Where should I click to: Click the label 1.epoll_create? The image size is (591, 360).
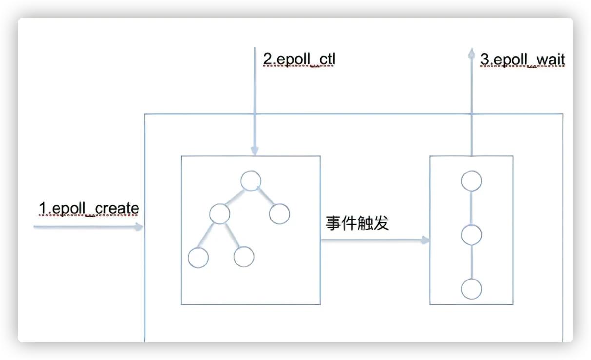pos(89,208)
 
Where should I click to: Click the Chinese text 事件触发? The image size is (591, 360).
pos(357,223)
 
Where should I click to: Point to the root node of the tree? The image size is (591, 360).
pos(251,181)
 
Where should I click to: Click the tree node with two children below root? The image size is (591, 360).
pos(219,214)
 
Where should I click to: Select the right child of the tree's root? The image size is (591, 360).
pos(279,214)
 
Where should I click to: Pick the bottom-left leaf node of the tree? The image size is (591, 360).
pos(198,258)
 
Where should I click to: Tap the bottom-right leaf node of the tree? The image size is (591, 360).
pos(244,257)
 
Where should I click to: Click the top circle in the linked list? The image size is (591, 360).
pos(472,181)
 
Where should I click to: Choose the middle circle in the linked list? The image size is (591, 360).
pos(472,235)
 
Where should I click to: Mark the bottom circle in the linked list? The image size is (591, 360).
pos(472,289)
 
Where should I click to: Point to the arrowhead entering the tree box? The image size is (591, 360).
pos(255,151)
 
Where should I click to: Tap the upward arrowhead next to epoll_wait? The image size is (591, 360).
pos(472,53)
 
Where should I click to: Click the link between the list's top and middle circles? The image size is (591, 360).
pos(472,208)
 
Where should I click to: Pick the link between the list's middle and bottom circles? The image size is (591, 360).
pos(472,262)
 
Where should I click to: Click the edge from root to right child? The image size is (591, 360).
pos(265,197)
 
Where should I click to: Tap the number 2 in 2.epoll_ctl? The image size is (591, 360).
pos(268,59)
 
